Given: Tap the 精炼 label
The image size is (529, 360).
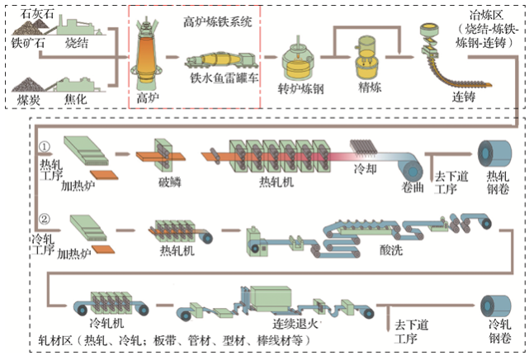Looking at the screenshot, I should [368, 85].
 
